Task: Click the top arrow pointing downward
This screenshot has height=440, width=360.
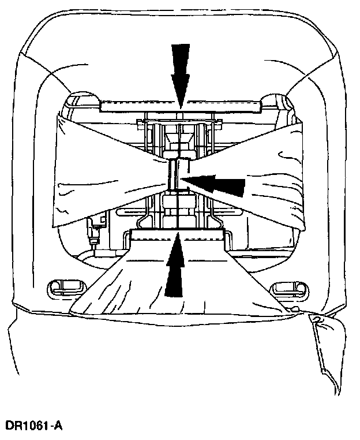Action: [180, 72]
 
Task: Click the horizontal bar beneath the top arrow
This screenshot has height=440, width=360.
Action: [180, 106]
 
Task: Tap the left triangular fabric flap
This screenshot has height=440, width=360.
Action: [104, 173]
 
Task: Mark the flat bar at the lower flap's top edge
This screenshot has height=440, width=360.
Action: [177, 234]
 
